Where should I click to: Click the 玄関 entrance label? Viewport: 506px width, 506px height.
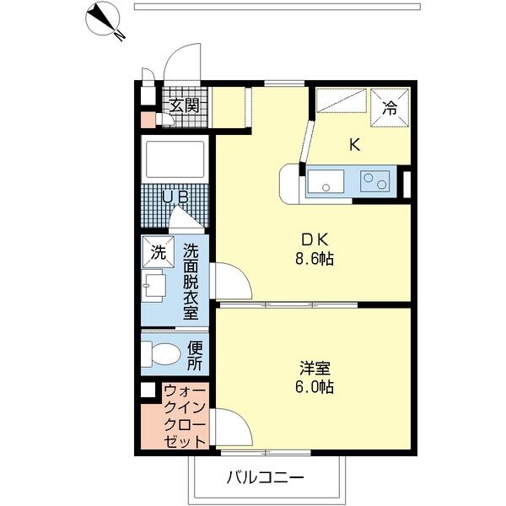[x=184, y=105]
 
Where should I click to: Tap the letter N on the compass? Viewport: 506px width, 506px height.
[x=120, y=35]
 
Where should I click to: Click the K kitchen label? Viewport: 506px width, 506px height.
[x=355, y=144]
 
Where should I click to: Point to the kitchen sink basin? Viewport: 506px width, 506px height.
[x=326, y=181]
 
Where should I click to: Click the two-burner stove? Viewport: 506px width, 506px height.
[x=375, y=181]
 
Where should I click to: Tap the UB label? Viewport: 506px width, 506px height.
[x=175, y=196]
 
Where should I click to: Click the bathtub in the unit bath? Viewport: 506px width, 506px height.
[x=175, y=159]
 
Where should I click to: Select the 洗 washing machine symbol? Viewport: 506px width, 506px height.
[x=159, y=252]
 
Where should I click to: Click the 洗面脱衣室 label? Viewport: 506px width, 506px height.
[x=191, y=282]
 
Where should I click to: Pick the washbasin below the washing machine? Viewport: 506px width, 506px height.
[x=154, y=286]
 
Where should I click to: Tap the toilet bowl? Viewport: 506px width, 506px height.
[x=161, y=354]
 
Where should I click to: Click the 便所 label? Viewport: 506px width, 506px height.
[x=195, y=356]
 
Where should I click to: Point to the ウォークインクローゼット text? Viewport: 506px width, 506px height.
[x=185, y=417]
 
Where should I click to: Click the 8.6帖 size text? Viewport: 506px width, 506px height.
[x=315, y=259]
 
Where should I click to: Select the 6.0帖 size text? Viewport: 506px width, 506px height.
[x=315, y=386]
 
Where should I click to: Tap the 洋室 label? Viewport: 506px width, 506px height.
[x=315, y=369]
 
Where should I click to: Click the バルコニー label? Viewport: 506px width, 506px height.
[x=266, y=477]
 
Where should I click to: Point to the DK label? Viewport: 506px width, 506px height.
[x=315, y=240]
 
